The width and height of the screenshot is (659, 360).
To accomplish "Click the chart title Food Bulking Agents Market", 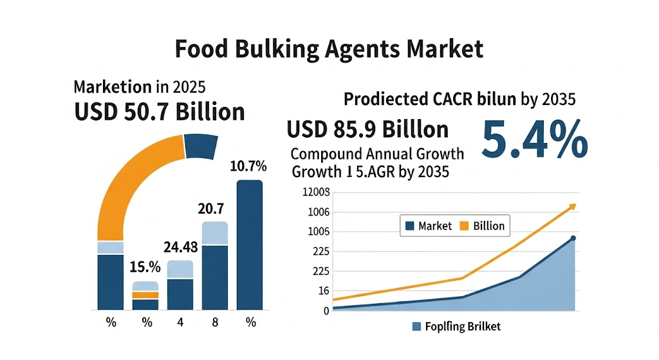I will [x=329, y=49].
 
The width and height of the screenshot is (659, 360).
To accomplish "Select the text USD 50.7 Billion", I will [x=160, y=111].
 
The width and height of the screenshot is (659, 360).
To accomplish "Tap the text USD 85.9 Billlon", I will [x=367, y=129].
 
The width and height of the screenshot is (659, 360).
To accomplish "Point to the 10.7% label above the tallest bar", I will [x=248, y=167].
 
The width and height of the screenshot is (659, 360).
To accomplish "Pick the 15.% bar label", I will [x=145, y=267].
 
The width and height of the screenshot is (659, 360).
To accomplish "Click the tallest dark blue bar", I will [x=250, y=245].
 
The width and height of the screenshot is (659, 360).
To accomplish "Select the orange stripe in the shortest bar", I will [x=145, y=295].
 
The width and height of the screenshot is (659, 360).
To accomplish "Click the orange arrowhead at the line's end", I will [x=571, y=207].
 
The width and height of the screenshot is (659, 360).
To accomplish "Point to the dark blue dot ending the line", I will [x=573, y=239].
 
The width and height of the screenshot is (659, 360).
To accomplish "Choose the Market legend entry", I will [x=428, y=226].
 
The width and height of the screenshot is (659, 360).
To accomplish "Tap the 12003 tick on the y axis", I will [x=316, y=193].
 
